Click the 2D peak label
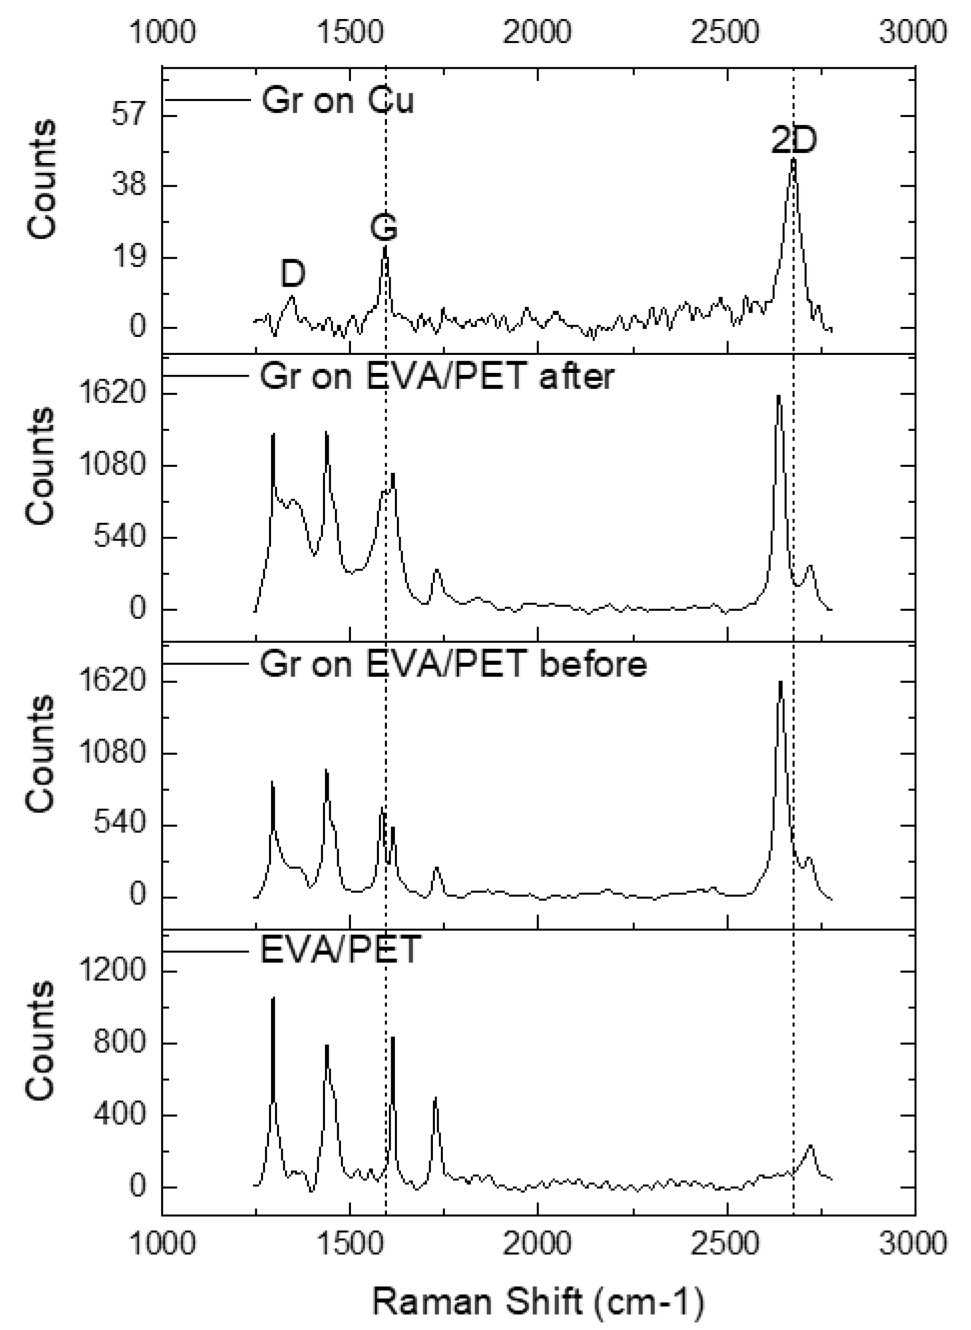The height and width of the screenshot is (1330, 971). [x=794, y=141]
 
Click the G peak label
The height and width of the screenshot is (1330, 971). [x=384, y=227]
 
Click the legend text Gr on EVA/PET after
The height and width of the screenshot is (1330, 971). [x=437, y=376]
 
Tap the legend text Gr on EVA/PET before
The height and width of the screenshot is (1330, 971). [x=453, y=664]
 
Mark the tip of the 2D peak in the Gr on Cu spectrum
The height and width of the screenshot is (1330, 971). [x=793, y=159]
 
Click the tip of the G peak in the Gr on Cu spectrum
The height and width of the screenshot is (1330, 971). [x=385, y=247]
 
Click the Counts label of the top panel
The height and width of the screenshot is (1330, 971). [x=41, y=179]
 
